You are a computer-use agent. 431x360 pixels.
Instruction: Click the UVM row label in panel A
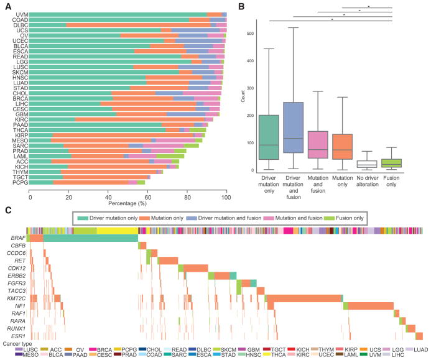pos(21,14)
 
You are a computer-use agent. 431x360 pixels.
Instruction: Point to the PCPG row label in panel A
pos(21,183)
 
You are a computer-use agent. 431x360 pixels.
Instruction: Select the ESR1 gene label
pos(19,336)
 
